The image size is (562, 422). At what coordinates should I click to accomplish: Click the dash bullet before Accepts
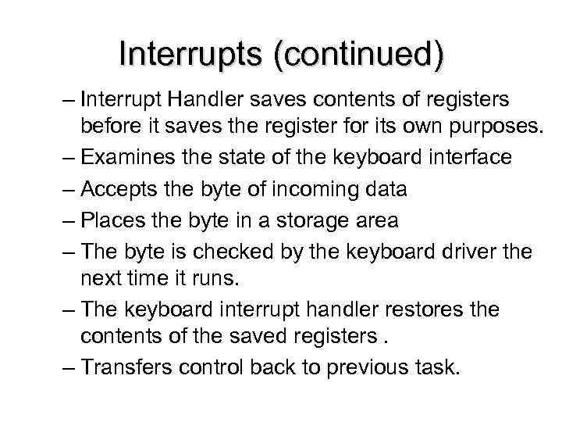click(x=66, y=190)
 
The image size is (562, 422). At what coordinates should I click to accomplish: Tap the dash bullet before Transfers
click(x=66, y=367)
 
